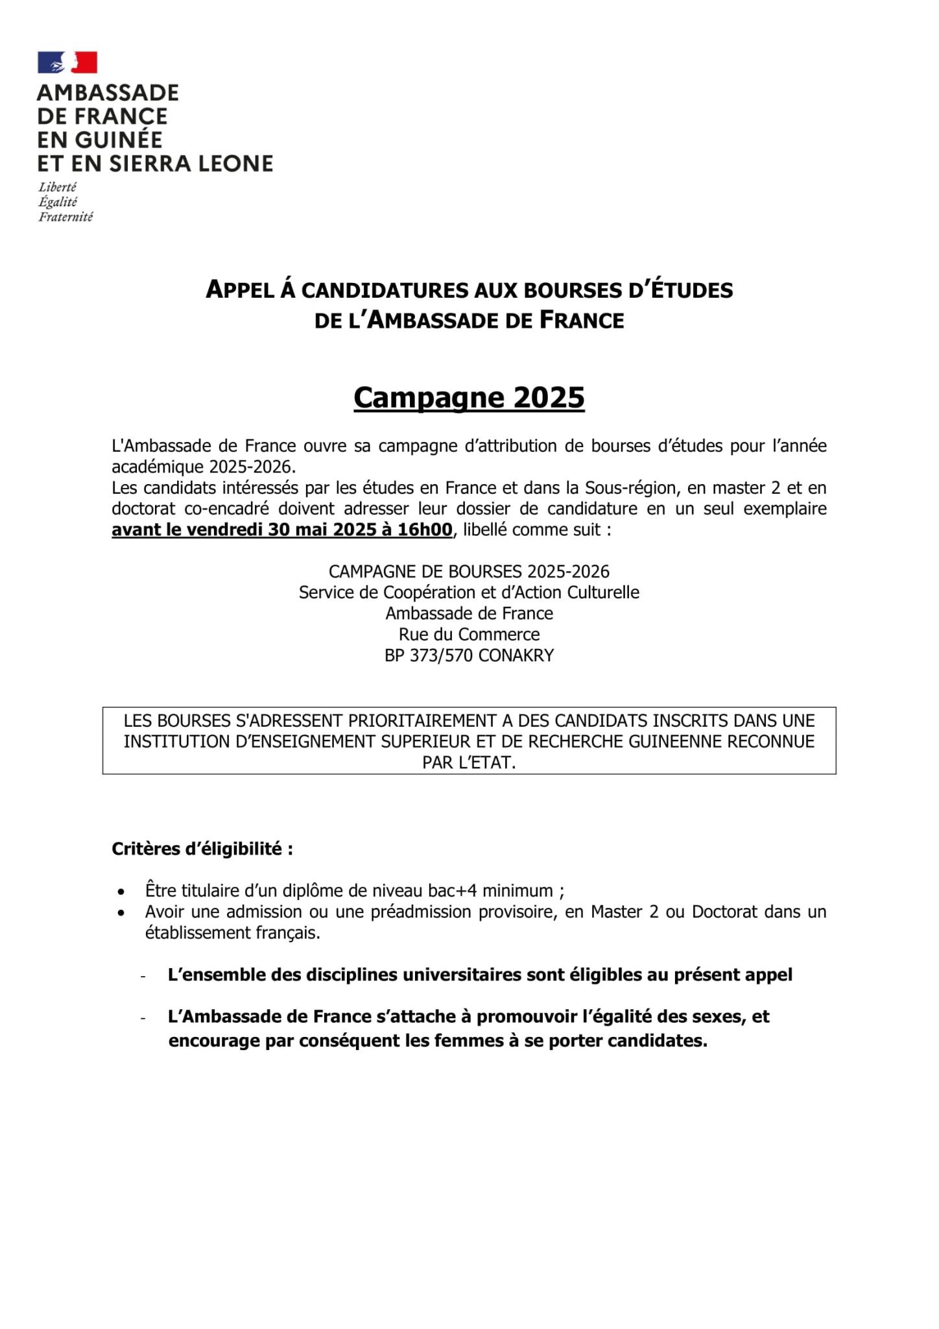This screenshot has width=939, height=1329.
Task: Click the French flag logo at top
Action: [67, 62]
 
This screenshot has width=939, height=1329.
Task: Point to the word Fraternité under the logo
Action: [65, 217]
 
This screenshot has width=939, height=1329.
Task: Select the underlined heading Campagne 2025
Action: [469, 397]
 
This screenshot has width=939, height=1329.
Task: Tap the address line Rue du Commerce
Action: [469, 634]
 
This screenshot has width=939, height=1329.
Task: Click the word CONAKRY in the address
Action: [516, 655]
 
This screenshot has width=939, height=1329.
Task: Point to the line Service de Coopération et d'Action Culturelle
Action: [469, 592]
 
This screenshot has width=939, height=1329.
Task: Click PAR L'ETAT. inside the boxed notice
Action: [469, 762]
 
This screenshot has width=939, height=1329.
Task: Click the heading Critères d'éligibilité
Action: [202, 849]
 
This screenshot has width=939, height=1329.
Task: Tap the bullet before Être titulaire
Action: [121, 892]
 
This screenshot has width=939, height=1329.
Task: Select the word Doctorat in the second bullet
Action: [724, 912]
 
